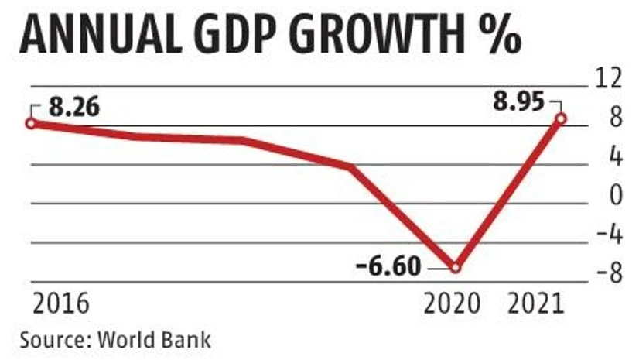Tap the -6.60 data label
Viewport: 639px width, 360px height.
[x=389, y=267]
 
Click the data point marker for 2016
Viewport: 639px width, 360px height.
[x=31, y=122]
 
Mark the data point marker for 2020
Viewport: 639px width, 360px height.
[x=456, y=267]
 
